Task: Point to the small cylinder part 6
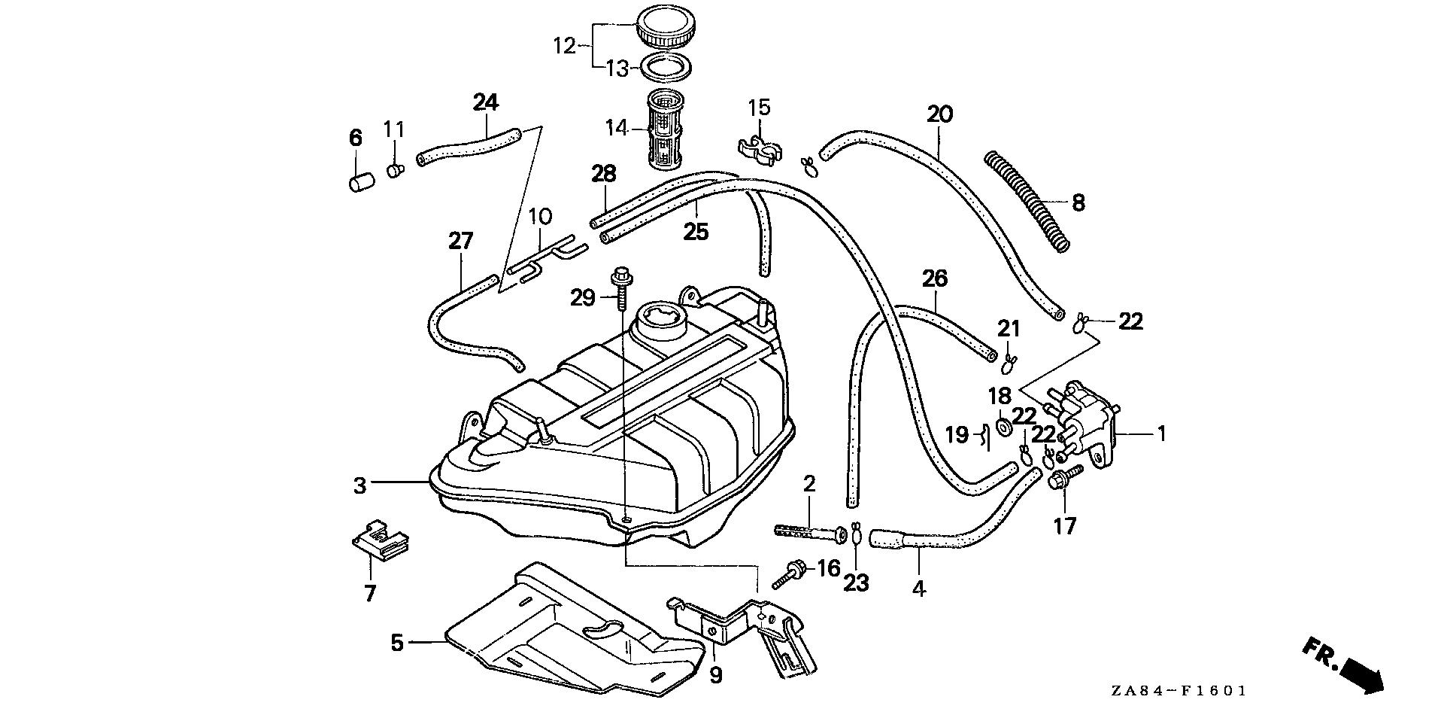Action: click(x=361, y=181)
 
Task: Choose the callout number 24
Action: click(x=486, y=102)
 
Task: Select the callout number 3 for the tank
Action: click(x=360, y=485)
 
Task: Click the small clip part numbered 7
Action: click(x=380, y=539)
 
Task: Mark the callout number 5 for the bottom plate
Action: click(x=397, y=642)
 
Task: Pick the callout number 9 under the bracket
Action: click(x=715, y=675)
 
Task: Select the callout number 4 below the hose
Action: click(x=918, y=589)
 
